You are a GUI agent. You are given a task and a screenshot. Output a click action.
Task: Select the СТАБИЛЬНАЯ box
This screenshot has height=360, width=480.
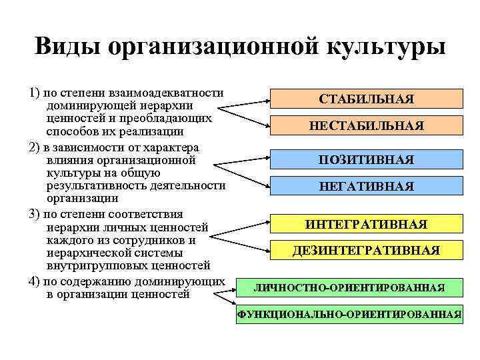[367, 99]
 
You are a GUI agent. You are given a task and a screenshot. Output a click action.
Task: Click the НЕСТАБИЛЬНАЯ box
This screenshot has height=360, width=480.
[367, 125]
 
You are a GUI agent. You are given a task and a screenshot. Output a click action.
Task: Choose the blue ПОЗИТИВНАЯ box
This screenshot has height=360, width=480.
[367, 160]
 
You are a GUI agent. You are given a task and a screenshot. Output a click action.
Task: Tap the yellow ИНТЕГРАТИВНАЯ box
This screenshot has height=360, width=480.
[367, 224]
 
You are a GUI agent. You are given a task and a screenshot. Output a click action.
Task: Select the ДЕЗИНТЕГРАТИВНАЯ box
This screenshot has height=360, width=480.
[367, 251]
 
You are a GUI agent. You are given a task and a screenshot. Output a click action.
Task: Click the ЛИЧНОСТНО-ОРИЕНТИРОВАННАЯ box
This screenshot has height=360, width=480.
[349, 287]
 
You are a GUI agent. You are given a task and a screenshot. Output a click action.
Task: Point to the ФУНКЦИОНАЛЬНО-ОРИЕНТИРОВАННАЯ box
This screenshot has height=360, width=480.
[349, 314]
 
